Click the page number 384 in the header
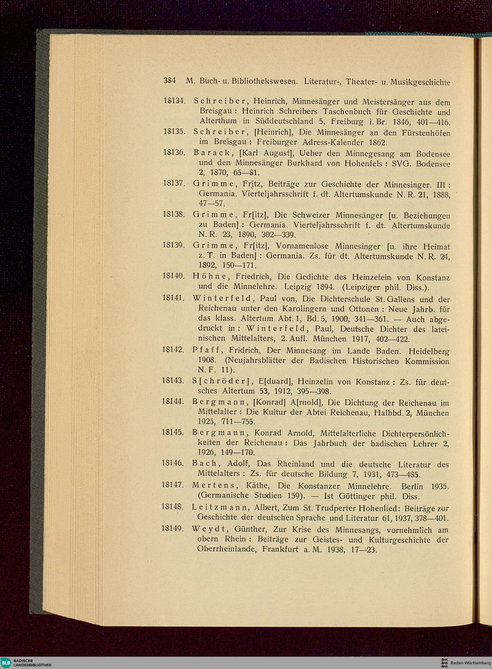click(170, 81)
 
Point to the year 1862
click(377, 142)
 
